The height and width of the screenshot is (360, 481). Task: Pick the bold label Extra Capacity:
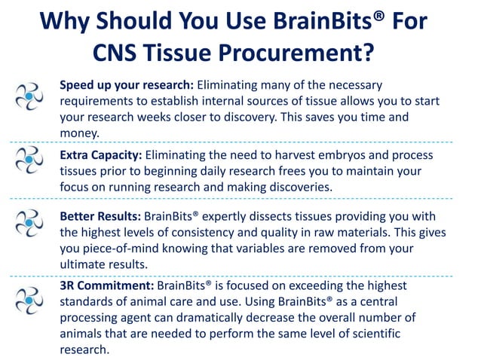pyautogui.click(x=100, y=155)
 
